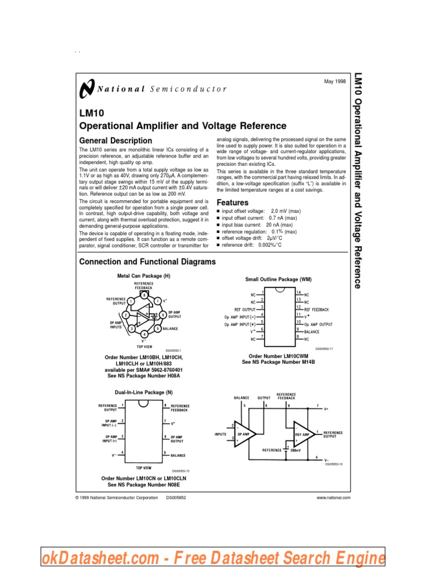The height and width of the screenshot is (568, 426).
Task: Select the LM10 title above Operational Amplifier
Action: point(92,113)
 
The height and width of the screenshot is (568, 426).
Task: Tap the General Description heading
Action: point(115,141)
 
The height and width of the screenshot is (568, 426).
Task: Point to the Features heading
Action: point(232,203)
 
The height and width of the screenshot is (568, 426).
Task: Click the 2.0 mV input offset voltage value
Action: point(278,212)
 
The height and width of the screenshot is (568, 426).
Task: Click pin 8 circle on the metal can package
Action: point(144,296)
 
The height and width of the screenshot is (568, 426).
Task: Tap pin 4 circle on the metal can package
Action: point(144,334)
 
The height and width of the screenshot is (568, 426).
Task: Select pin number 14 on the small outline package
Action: point(298,292)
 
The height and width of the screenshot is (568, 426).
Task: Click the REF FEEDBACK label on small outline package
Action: point(317,309)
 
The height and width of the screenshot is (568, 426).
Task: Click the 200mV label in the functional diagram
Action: point(295,450)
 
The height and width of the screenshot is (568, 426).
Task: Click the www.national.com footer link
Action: point(333,498)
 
